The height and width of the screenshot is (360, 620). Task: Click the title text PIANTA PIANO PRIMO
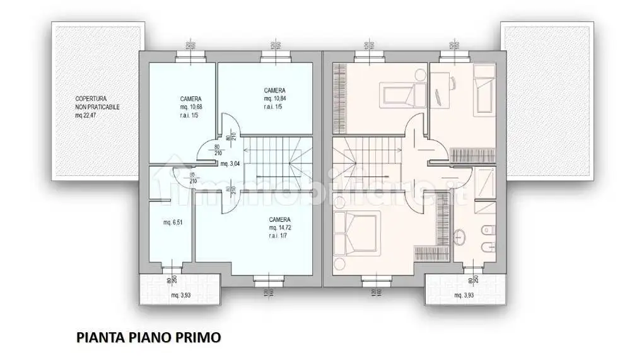coord(149,337)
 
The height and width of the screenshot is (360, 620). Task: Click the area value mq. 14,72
coord(279,227)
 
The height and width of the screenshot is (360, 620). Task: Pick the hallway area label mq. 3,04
coord(230,163)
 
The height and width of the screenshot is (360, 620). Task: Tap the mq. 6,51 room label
coord(167,222)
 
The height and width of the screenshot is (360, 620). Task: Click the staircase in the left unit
coord(279,161)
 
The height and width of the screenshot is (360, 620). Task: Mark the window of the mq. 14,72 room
coord(268,279)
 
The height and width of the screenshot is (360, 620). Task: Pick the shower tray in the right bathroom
coord(484,183)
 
